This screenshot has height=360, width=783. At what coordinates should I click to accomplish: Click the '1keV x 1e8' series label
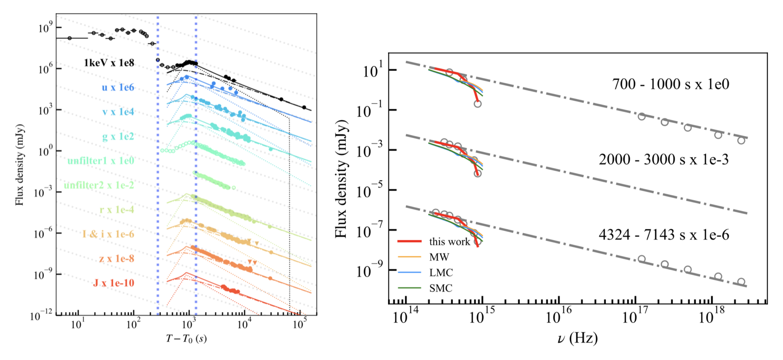click(x=109, y=63)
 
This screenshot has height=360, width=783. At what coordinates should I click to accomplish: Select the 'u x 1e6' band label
click(x=117, y=87)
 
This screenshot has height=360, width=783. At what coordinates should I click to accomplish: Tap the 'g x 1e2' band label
click(x=118, y=136)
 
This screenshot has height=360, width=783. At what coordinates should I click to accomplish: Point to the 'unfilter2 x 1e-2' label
click(x=99, y=185)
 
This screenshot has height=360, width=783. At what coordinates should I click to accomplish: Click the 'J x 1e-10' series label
click(x=114, y=283)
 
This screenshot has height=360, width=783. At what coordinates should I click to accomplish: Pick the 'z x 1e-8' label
click(x=116, y=258)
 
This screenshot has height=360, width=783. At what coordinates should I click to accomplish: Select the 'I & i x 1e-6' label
click(x=108, y=234)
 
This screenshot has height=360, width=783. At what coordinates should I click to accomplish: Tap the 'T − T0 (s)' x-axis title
click(x=186, y=339)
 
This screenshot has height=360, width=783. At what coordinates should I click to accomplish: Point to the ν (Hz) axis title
click(x=577, y=338)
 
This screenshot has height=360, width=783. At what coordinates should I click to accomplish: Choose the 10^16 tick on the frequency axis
click(x=558, y=318)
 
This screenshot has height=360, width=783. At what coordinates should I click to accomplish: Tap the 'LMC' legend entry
click(x=441, y=273)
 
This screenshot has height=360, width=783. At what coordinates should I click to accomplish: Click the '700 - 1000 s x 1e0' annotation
click(x=670, y=85)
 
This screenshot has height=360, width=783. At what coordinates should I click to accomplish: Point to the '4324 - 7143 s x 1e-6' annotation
click(x=663, y=235)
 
